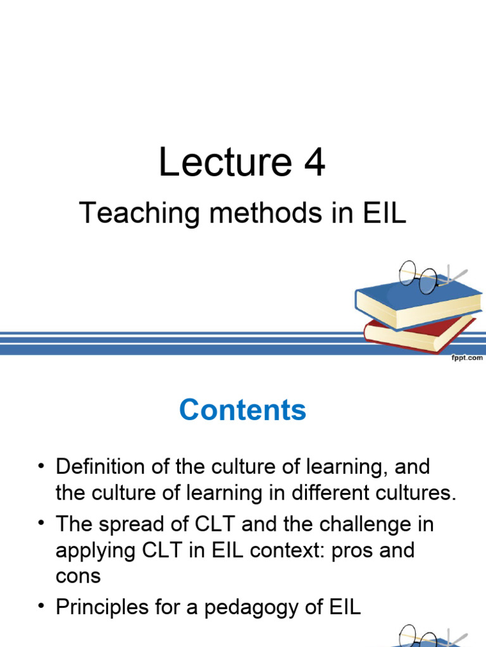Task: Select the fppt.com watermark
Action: [x=466, y=358]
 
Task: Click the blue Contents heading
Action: [x=242, y=410]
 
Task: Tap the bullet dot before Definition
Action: [x=42, y=468]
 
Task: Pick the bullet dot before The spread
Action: [x=42, y=524]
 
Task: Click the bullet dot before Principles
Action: [x=42, y=607]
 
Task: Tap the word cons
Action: [x=78, y=576]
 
